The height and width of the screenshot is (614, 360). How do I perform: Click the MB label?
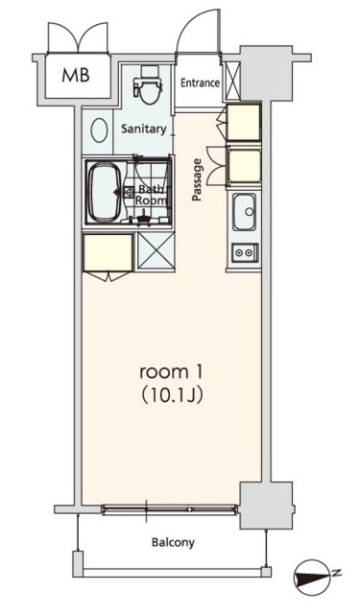77,76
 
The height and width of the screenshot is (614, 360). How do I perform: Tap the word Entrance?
201,83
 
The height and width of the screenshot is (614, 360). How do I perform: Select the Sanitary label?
144,129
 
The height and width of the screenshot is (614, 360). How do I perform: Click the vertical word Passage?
198,179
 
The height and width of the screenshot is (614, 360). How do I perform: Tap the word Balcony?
173,543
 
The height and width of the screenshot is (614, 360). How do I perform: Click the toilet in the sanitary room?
147,88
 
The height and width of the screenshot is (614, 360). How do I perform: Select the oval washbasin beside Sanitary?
99,130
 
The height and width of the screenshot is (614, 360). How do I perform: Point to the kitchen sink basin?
244,209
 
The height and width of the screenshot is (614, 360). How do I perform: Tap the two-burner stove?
244,253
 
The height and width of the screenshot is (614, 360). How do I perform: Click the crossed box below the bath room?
154,250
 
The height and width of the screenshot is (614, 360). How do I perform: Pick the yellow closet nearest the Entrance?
243,121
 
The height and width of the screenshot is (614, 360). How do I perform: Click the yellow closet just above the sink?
244,163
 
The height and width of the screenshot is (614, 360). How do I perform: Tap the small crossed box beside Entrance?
230,83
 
